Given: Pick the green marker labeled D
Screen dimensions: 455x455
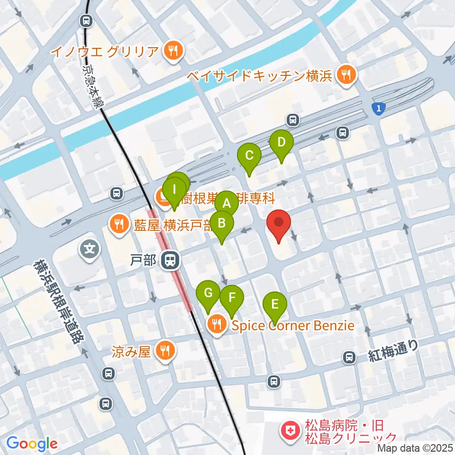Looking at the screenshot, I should tap(282, 142).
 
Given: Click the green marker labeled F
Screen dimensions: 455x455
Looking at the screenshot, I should tap(232, 298).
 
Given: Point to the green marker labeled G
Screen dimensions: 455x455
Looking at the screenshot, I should tap(208, 293).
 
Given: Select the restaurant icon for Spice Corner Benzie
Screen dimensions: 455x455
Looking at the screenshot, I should tap(217, 325).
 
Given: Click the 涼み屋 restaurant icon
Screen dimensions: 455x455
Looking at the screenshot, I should tap(165, 351).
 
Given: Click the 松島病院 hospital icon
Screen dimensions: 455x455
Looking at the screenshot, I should tap(288, 431).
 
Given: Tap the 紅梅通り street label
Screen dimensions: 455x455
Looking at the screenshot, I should tap(393, 351).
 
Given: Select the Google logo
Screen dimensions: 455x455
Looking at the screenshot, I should tap(32, 444).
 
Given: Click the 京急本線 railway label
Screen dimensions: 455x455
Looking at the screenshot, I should tap(91, 86).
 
